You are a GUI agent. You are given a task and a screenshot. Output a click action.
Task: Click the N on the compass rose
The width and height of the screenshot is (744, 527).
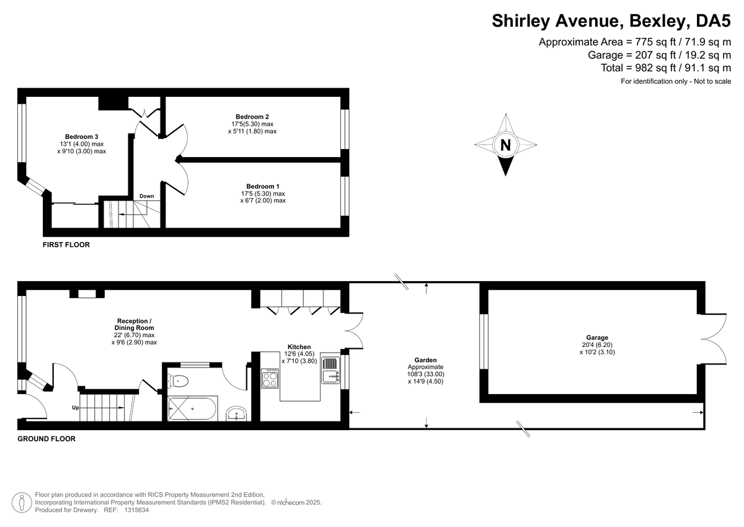click(x=505, y=145)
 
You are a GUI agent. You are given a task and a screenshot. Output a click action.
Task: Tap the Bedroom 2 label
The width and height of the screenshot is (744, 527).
click(x=252, y=117)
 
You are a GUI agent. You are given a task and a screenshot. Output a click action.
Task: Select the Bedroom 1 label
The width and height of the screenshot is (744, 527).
click(x=263, y=186)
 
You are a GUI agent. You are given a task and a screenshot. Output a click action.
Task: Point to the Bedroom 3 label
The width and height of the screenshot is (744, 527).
click(x=81, y=137)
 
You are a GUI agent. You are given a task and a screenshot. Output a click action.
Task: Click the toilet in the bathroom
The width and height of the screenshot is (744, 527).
click(x=178, y=381)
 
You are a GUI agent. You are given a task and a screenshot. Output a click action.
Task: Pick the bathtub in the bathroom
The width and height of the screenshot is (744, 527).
click(x=193, y=408)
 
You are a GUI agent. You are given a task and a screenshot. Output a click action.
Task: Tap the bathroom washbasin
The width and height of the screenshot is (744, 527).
click(x=236, y=414)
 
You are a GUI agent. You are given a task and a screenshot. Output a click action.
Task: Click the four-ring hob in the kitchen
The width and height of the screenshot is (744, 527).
click(x=270, y=379)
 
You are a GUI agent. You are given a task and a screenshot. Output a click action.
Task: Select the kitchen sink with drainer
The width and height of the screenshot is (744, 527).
click(x=330, y=370)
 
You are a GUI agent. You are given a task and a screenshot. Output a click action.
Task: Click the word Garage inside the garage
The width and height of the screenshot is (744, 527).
click(x=597, y=338)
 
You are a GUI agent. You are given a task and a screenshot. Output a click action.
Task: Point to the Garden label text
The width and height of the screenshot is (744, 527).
click(x=425, y=360)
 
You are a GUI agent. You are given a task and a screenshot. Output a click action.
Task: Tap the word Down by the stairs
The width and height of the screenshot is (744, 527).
click(x=146, y=196)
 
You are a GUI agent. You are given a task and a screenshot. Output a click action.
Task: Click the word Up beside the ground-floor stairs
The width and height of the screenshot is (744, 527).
click(x=76, y=408)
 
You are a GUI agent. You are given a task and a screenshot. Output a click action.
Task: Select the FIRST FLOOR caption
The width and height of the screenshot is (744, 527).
click(x=66, y=245)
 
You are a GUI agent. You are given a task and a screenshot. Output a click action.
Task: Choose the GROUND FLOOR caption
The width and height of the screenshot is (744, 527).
click(x=46, y=439)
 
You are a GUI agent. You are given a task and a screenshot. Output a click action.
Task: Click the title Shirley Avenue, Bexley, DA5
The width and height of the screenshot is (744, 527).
click(x=611, y=21)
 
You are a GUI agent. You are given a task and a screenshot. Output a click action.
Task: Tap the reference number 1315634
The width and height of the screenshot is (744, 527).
click(x=136, y=510)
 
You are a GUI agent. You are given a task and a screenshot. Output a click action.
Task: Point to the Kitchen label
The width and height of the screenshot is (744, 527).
click(x=299, y=347)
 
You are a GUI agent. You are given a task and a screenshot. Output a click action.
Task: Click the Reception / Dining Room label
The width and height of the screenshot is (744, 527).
click(x=134, y=324)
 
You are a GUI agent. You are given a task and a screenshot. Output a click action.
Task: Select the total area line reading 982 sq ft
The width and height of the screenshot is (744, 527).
click(x=666, y=68)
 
